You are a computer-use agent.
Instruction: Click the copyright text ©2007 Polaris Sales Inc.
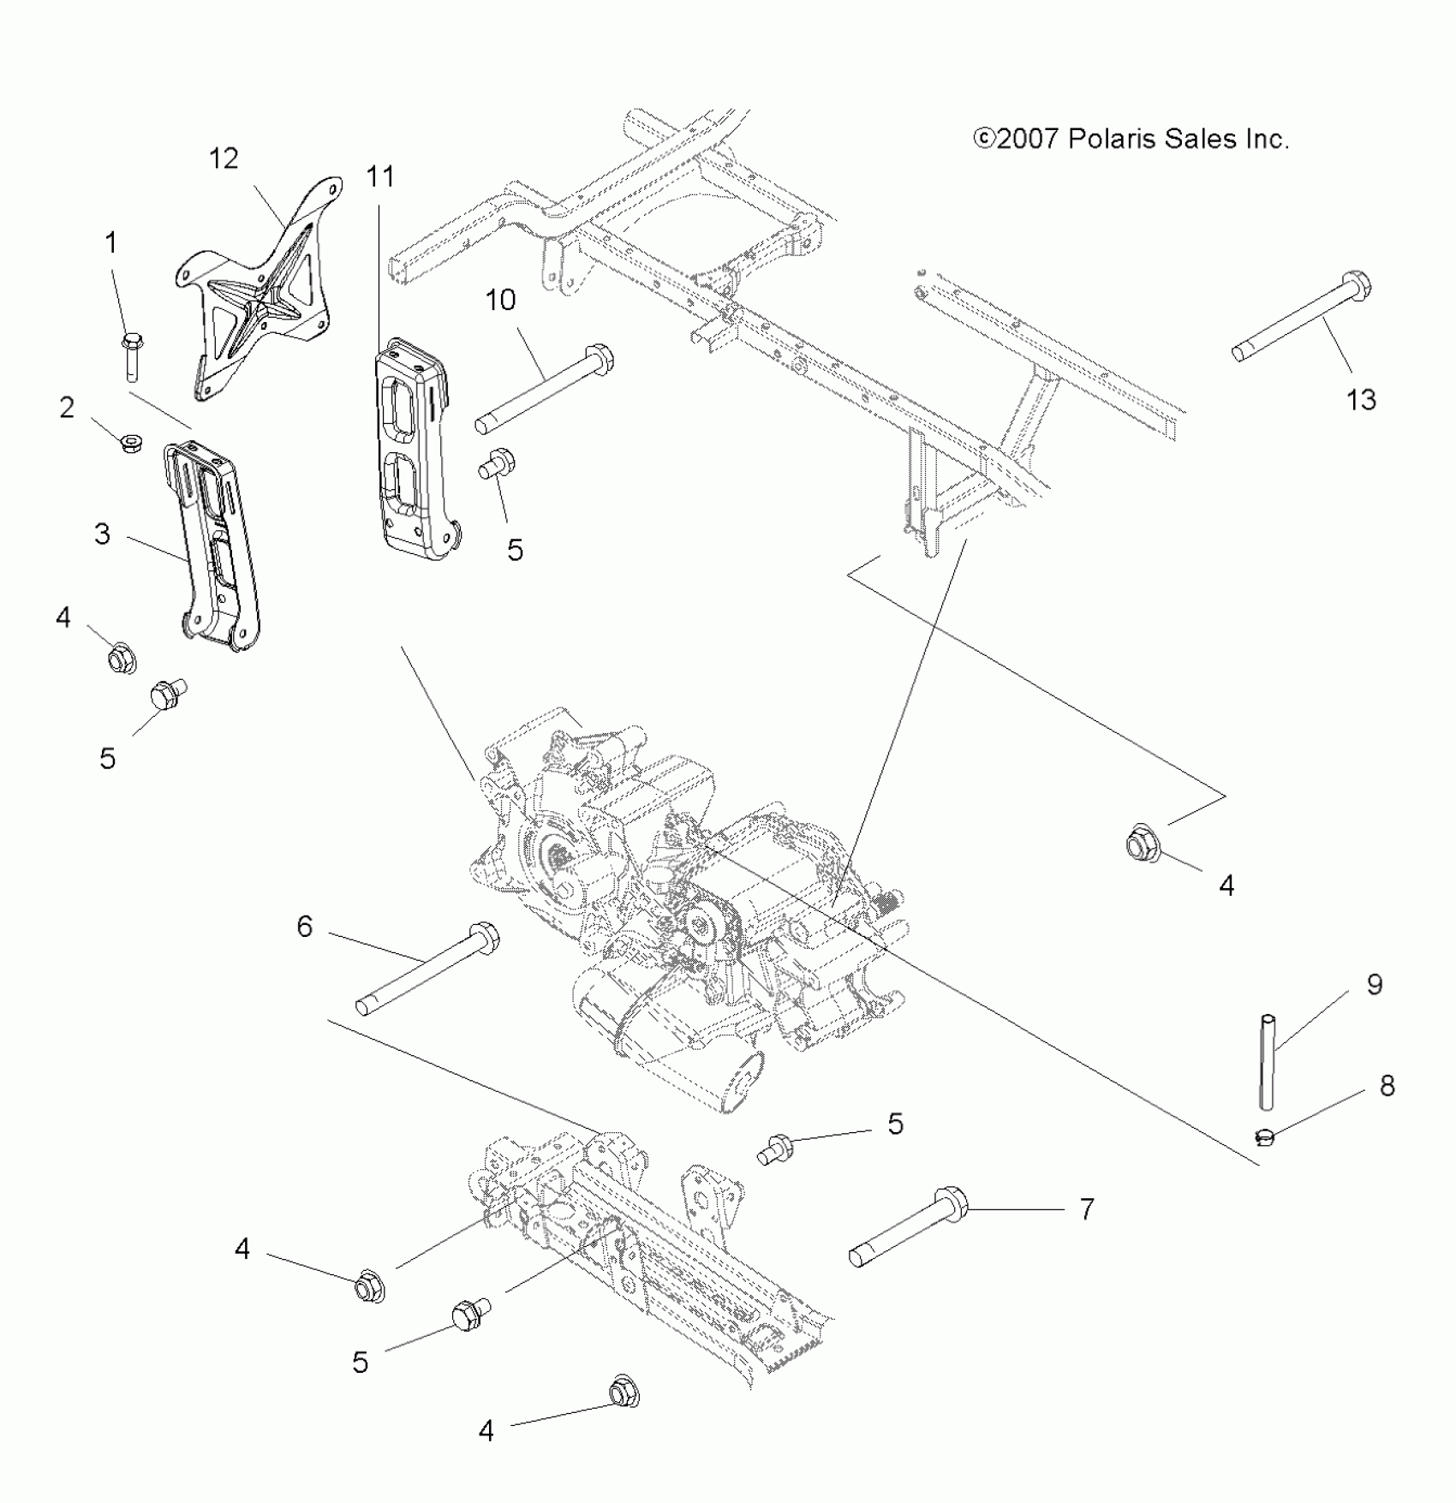[1131, 139]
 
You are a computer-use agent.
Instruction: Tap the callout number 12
[224, 158]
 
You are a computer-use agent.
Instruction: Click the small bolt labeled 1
[132, 355]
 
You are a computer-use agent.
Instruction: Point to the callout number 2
[67, 408]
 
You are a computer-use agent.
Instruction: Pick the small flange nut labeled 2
[131, 443]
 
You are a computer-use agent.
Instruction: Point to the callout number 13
[1360, 399]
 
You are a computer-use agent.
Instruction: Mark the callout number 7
[1086, 1209]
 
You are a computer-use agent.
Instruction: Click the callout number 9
[1374, 985]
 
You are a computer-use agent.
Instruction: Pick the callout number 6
[305, 926]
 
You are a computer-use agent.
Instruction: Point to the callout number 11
[380, 176]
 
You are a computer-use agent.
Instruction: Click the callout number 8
[1387, 1086]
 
